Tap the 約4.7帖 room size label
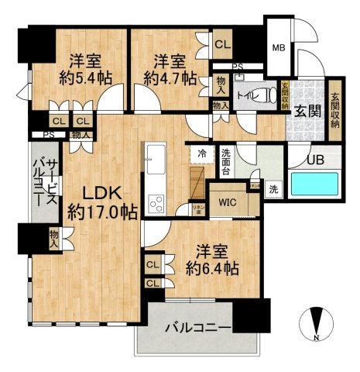(164, 77)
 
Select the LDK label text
(92, 192)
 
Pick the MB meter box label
(277, 47)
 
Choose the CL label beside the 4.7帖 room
(223, 45)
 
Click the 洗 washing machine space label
(273, 188)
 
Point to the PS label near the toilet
(237, 67)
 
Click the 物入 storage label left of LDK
(53, 237)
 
